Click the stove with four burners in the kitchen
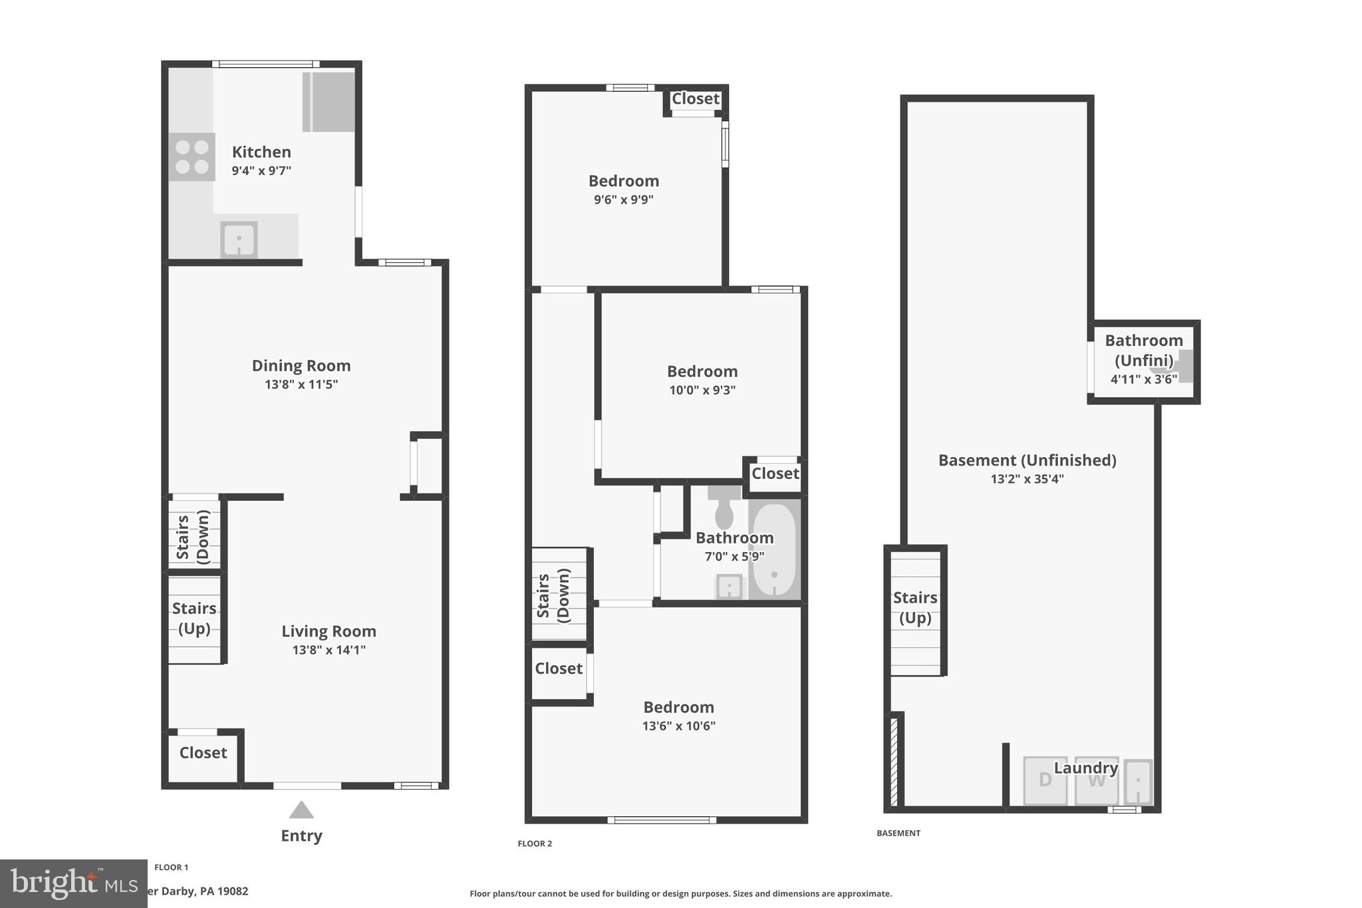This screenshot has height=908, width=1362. click(x=192, y=157)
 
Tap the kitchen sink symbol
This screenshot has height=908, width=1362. click(x=239, y=239)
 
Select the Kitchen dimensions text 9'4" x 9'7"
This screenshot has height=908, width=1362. click(x=261, y=171)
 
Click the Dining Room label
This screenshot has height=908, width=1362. click(x=301, y=365)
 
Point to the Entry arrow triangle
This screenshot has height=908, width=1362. click(x=301, y=810)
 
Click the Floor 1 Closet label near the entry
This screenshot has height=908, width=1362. click(x=203, y=752)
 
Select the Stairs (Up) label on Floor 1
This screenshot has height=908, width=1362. click(x=194, y=618)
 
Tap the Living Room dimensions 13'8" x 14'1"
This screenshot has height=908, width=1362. click(x=329, y=650)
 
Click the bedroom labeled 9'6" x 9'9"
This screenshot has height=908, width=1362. click(x=623, y=181)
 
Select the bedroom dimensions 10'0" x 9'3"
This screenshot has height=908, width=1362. click(x=702, y=390)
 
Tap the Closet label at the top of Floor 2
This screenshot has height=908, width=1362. click(x=695, y=98)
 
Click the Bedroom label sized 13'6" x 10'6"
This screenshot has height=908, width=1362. click(x=678, y=707)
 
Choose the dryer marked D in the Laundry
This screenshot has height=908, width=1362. click(x=1045, y=780)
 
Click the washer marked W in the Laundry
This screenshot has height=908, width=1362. click(x=1096, y=781)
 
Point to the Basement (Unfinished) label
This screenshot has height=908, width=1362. click(x=1027, y=460)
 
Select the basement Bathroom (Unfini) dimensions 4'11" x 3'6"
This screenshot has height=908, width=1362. click(x=1143, y=379)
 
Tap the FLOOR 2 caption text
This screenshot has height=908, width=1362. click(x=535, y=843)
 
